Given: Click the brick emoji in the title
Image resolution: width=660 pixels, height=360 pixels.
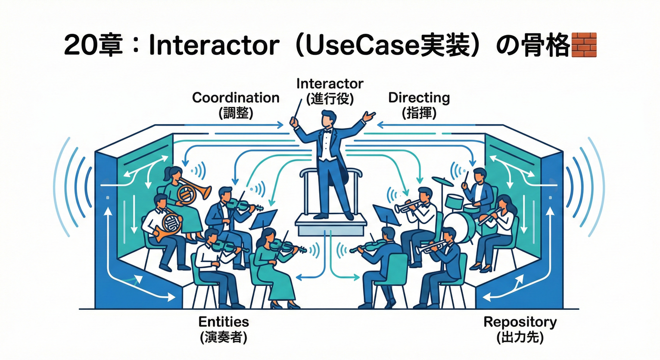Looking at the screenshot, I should [584, 45].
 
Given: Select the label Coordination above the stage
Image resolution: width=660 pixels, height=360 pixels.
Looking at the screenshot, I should [236, 98].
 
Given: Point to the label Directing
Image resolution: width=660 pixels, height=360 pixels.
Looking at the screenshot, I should [419, 98].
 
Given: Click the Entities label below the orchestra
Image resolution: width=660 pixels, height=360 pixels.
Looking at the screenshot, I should [224, 322].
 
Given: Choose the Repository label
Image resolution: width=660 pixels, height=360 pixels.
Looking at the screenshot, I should [520, 322].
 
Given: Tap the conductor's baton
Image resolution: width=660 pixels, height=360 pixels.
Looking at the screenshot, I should [297, 112].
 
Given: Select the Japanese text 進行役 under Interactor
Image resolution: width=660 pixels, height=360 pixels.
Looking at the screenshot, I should [330, 99].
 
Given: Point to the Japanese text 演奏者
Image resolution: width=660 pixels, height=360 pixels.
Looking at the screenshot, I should [224, 337].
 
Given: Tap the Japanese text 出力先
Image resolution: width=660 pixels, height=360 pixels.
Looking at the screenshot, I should [520, 337].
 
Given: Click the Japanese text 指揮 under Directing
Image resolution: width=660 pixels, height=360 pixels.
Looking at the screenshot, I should [419, 113].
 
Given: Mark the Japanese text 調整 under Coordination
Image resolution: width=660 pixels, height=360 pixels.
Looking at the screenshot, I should [236, 113].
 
